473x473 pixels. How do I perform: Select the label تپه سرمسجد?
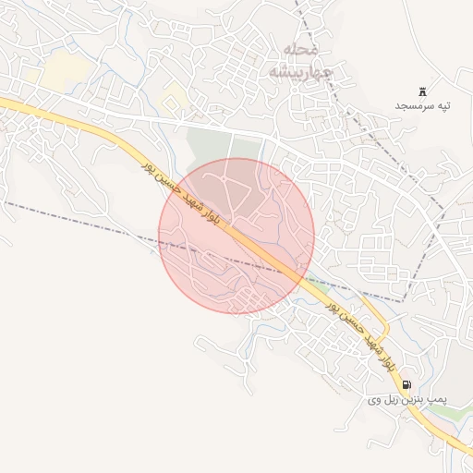click(424, 106)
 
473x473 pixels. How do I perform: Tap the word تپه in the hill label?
click(445, 106)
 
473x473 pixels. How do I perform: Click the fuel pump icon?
click(407, 384)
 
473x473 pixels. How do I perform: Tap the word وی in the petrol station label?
click(374, 400)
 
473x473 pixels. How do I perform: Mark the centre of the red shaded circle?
click(236, 236)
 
